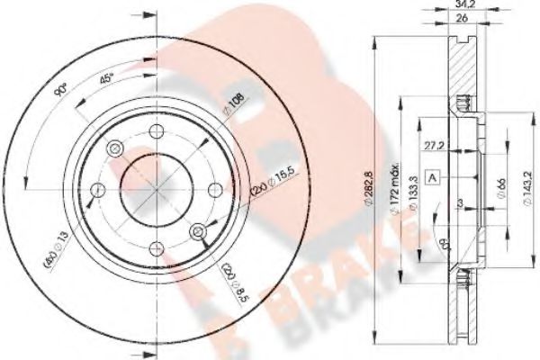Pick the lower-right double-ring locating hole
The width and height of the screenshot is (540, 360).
[x=197, y=232]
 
